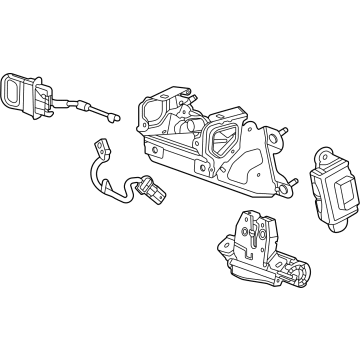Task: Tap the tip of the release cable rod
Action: pyautogui.click(x=120, y=116)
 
